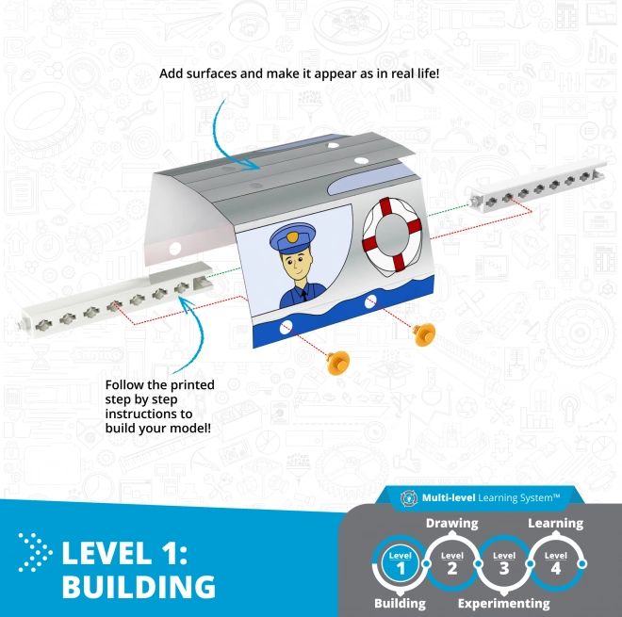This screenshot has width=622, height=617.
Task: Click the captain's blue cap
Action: pyautogui.click(x=293, y=237)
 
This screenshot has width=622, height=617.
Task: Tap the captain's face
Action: pyautogui.click(x=296, y=266)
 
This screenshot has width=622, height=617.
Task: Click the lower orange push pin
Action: pyautogui.click(x=338, y=363)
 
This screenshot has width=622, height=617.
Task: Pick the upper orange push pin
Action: pyautogui.click(x=424, y=333)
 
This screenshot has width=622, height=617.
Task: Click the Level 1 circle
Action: pyautogui.click(x=400, y=563)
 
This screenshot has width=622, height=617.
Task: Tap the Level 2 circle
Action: pyautogui.click(x=451, y=563)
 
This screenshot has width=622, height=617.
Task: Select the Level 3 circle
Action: pyautogui.click(x=504, y=563)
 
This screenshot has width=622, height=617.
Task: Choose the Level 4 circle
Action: pyautogui.click(x=556, y=563)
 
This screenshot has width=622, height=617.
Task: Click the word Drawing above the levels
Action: pyautogui.click(x=451, y=524)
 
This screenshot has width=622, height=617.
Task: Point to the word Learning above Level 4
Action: pyautogui.click(x=555, y=524)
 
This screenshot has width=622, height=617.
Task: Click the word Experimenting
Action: pyautogui.click(x=504, y=604)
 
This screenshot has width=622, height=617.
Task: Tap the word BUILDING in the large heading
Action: pyautogui.click(x=139, y=587)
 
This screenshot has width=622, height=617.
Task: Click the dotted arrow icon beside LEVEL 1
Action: pyautogui.click(x=35, y=553)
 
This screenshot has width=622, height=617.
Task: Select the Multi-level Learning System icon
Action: pyautogui.click(x=409, y=498)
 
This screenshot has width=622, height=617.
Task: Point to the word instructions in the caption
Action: pyautogui.click(x=149, y=414)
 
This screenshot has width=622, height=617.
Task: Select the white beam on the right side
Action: pyautogui.click(x=537, y=186)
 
